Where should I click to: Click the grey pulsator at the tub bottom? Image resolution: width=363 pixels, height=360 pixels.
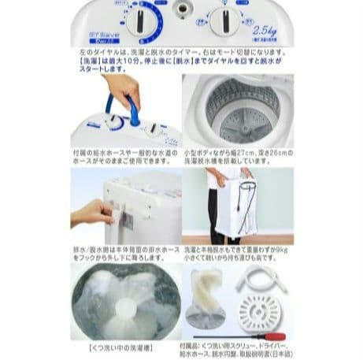pyautogui.click(x=234, y=125)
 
